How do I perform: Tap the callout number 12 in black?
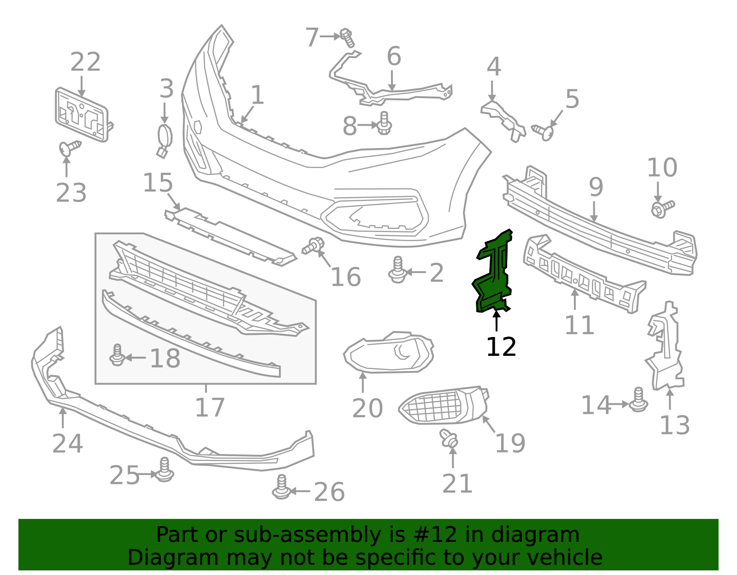click(501, 347)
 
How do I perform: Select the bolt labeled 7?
click(347, 38)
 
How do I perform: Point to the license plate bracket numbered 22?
click(82, 115)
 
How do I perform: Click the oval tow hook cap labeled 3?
click(164, 140)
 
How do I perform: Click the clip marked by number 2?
click(398, 270)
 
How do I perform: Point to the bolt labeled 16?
click(313, 245)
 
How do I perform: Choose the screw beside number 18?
click(117, 355)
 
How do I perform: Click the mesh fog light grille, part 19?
click(444, 405)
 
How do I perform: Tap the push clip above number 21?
click(449, 438)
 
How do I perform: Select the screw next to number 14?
click(638, 400)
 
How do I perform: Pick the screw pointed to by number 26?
click(281, 487)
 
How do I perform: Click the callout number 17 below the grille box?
click(210, 407)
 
